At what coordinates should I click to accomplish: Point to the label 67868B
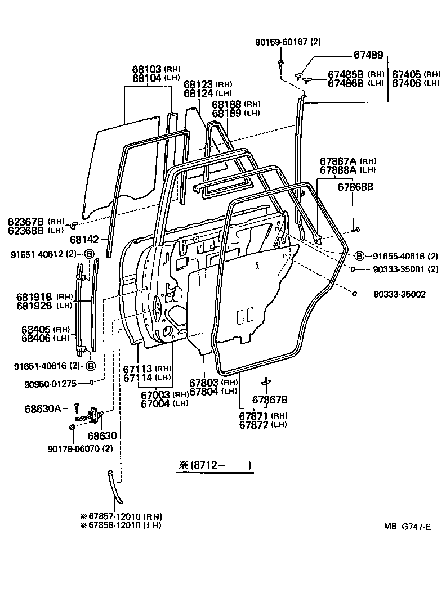click(355, 186)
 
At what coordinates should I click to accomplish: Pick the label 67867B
click(270, 400)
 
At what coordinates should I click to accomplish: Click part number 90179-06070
click(76, 448)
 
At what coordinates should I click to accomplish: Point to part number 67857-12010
click(115, 516)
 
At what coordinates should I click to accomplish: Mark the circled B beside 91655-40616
click(360, 255)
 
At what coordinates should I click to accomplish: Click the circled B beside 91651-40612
click(89, 254)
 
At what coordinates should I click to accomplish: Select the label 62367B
click(26, 221)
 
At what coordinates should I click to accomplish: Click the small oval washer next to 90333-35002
click(355, 293)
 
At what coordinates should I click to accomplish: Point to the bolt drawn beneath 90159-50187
click(280, 61)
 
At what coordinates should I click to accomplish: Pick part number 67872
click(255, 424)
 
